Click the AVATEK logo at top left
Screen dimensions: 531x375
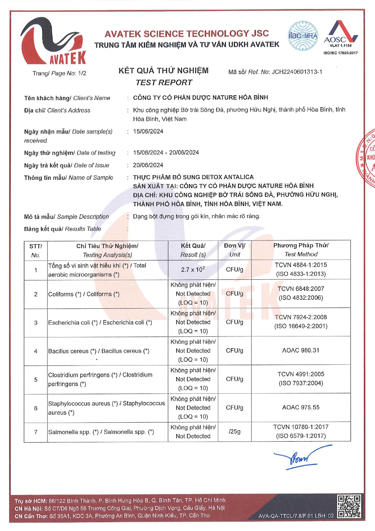pyautogui.click(x=53, y=42)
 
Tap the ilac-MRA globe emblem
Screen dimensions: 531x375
pyautogui.click(x=303, y=36)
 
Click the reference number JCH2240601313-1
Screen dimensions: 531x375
pyautogui.click(x=297, y=72)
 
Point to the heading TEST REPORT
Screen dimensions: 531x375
pyautogui.click(x=164, y=83)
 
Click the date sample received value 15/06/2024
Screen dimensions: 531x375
pyautogui.click(x=148, y=131)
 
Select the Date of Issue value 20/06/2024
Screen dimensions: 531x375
pyautogui.click(x=148, y=165)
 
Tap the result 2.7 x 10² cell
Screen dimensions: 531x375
pyautogui.click(x=193, y=269)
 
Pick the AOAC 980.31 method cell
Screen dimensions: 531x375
pyautogui.click(x=301, y=350)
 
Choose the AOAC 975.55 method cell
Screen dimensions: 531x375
pyautogui.click(x=301, y=408)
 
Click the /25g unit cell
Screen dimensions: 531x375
pyautogui.click(x=234, y=431)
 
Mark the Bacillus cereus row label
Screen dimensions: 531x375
pyautogui.click(x=99, y=351)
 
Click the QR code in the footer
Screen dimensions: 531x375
pyautogui.click(x=349, y=506)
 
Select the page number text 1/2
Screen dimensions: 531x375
pyautogui.click(x=82, y=73)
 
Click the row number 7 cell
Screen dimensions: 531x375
pyautogui.click(x=36, y=432)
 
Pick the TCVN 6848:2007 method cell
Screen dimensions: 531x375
pyautogui.click(x=301, y=293)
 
